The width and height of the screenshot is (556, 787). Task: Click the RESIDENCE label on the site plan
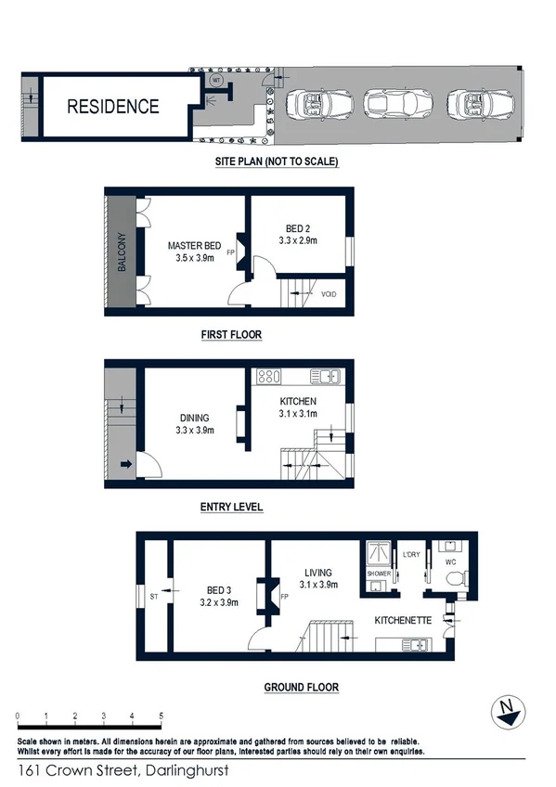[113, 106]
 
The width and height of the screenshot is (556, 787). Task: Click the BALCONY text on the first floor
[122, 252]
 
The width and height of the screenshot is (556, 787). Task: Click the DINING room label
[195, 418]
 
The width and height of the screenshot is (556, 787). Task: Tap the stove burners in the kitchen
[268, 377]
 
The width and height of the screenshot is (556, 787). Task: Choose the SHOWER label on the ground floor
[380, 574]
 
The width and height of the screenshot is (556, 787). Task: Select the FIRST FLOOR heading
[232, 334]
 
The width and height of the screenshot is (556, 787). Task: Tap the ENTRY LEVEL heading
[231, 507]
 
